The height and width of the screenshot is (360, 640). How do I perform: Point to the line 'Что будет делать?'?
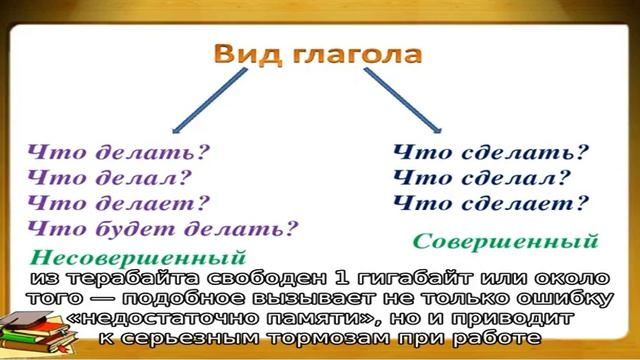164,229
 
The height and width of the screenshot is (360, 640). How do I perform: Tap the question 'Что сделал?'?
481,179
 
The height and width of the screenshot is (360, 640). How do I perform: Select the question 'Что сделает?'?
490,204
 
